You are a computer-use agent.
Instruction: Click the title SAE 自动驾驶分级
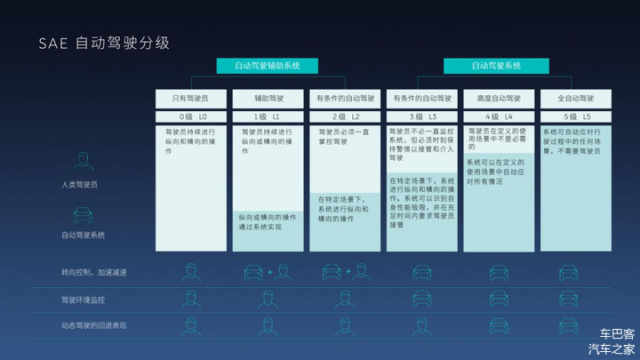103,42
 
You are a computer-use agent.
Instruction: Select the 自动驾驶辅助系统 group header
268,66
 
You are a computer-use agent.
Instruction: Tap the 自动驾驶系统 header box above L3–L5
496,66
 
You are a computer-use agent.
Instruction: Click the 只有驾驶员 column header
191,98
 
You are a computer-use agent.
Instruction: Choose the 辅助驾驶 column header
268,98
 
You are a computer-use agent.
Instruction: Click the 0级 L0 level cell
191,116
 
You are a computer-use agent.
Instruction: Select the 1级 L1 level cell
268,116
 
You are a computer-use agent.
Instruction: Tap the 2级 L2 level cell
345,116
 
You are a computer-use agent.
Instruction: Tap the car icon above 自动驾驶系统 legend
84,216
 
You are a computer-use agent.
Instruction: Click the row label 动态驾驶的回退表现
93,326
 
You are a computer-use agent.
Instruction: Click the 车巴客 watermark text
617,334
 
